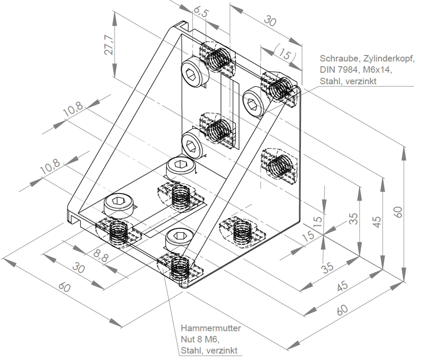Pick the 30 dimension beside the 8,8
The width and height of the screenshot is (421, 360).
click(79, 268)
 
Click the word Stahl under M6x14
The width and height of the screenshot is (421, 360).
click(331, 81)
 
